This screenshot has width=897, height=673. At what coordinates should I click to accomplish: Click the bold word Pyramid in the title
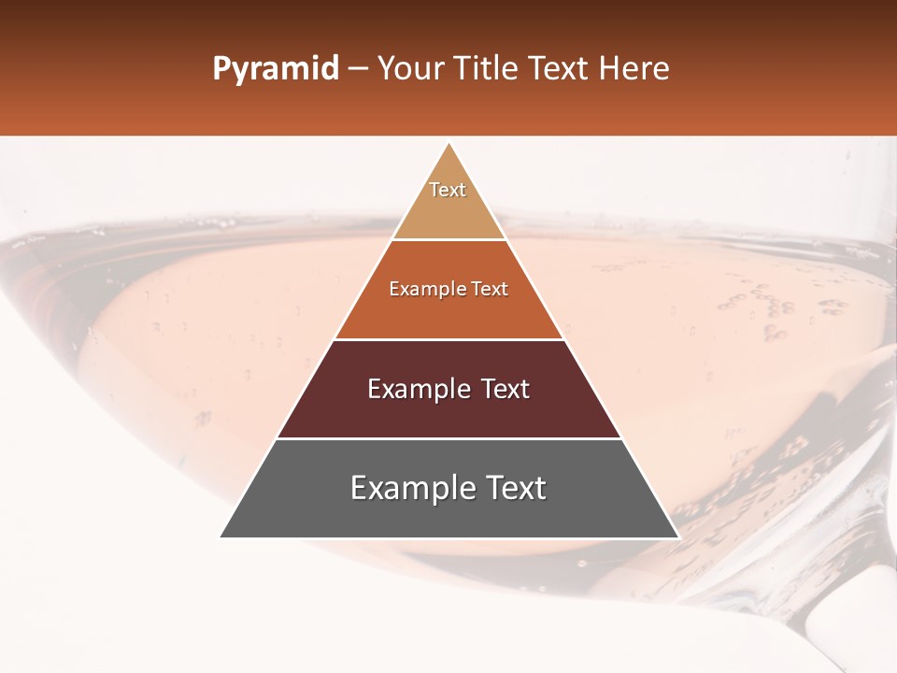coord(275,69)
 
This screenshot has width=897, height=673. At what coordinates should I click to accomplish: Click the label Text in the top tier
coord(448,190)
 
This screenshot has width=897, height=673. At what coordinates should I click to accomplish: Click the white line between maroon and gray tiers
coord(448,438)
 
